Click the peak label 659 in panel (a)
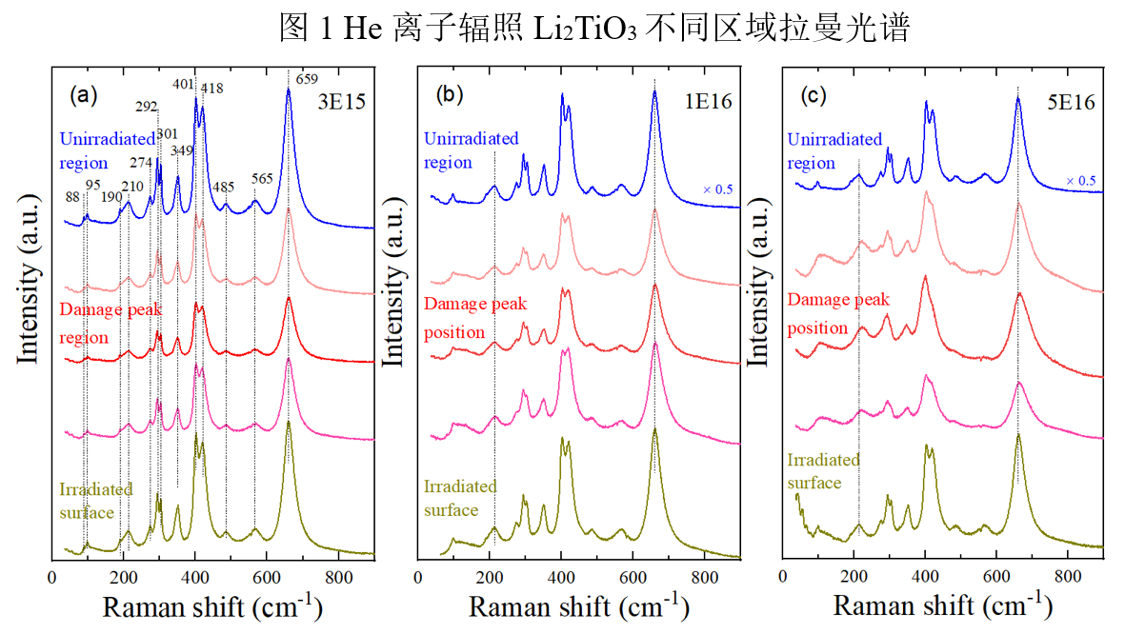(310, 79)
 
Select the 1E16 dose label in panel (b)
(707, 101)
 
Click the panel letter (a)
(84, 95)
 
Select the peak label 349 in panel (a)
(182, 149)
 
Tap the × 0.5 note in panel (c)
(1081, 181)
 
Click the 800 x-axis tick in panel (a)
(338, 577)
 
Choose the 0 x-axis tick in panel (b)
(419, 577)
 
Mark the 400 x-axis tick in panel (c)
(925, 577)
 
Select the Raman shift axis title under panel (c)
(942, 606)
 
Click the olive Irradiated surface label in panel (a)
(95, 502)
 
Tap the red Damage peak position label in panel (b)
(475, 319)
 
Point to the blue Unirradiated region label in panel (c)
(834, 151)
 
